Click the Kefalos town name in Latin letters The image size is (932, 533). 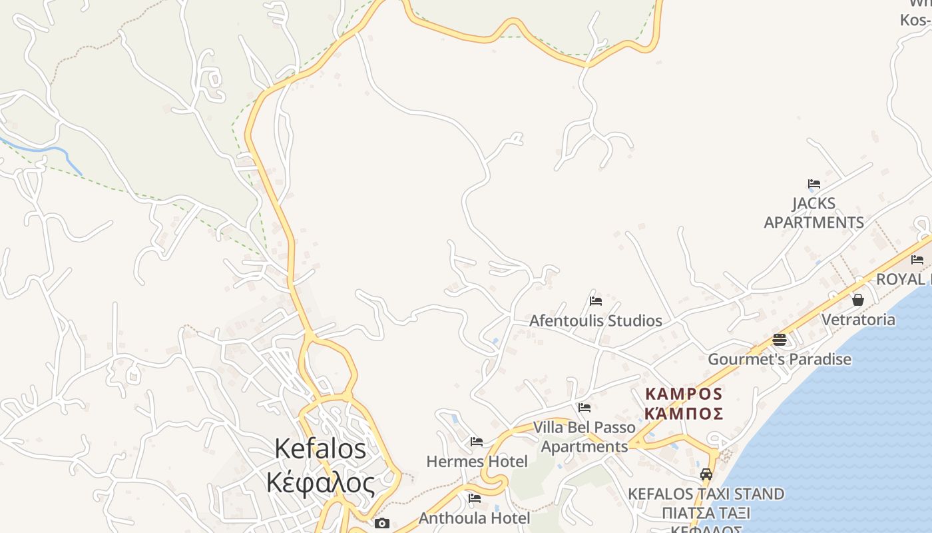[320, 448]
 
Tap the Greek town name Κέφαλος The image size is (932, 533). [320, 482]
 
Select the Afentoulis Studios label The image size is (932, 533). [595, 320]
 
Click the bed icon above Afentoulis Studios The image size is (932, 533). [596, 301]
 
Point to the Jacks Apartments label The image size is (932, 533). [814, 213]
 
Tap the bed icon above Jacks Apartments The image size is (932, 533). [814, 184]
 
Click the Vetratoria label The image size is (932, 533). [858, 319]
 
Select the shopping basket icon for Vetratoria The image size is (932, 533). [858, 300]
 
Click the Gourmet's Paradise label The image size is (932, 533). [779, 359]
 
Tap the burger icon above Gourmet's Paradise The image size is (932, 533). [780, 340]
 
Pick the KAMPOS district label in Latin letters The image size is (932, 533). [684, 393]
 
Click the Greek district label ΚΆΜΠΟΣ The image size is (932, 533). [684, 413]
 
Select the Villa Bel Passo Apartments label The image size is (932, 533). [584, 436]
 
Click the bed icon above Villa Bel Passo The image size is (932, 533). [584, 408]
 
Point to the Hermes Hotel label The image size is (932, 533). [477, 461]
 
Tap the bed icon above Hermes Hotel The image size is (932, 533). [476, 442]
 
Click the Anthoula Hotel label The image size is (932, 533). [474, 518]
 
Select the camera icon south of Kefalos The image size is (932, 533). [381, 524]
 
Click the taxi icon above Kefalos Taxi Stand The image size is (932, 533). [706, 474]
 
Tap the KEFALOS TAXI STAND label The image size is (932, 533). [706, 494]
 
